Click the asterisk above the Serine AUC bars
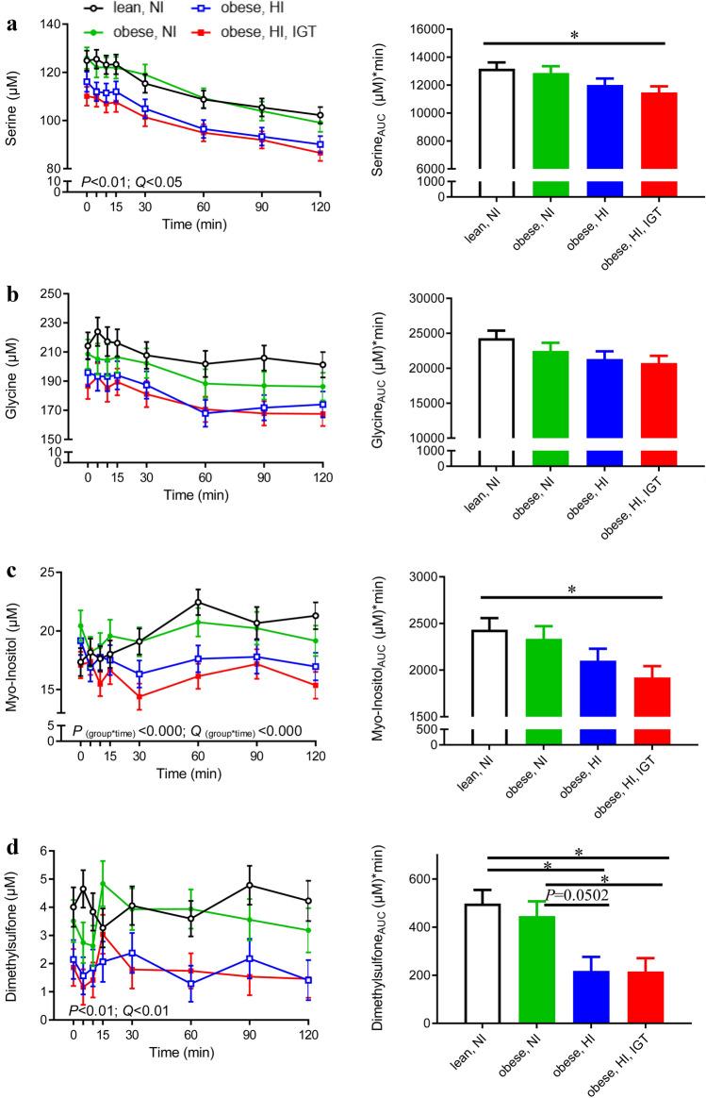575,34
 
